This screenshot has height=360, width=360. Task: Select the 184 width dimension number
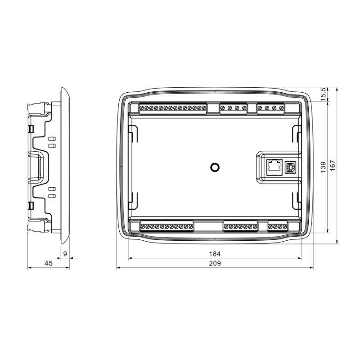215,254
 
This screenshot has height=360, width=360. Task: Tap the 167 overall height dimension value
333,166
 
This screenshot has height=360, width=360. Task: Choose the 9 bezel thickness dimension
65,254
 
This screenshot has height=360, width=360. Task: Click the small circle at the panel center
215,167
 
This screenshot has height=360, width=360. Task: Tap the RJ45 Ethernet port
273,166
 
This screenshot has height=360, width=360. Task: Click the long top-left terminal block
173,108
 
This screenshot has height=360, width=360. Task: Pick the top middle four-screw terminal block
233,108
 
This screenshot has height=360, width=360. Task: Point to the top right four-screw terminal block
271,108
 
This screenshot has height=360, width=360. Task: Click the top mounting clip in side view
38,108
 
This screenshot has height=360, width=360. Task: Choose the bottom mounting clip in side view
38,226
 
